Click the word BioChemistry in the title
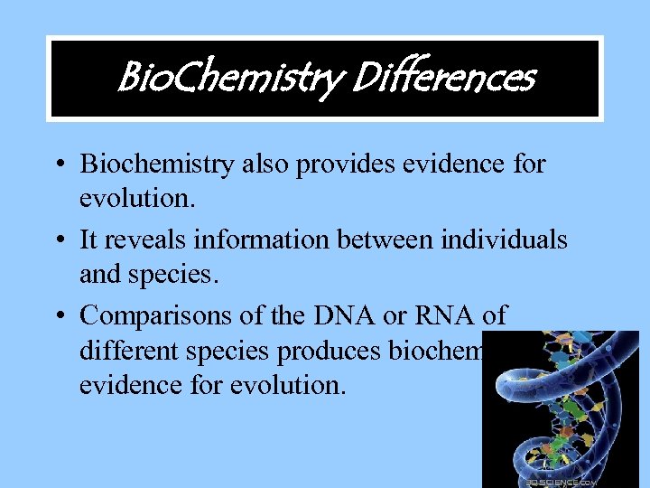tap(227, 79)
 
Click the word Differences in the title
tap(442, 78)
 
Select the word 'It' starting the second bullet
tap(89, 239)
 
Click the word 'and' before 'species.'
tap(98, 274)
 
